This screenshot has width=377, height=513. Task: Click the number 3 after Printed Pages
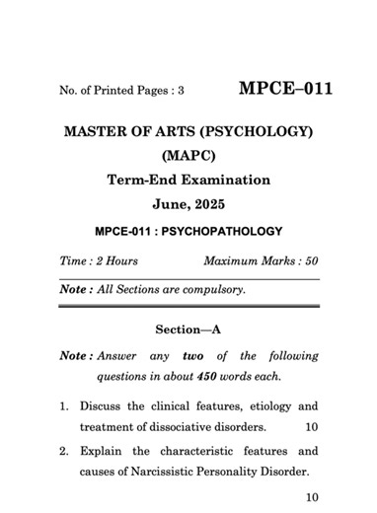point(181,91)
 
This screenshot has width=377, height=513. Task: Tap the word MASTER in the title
point(98,131)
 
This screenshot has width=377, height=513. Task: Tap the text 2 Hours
point(115,261)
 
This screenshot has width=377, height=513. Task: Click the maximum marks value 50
point(311,261)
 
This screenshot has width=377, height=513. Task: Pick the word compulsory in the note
point(211,290)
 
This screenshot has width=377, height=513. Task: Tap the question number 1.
point(62,406)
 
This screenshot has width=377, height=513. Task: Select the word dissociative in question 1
point(184,427)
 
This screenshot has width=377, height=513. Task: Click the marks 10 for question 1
point(312,427)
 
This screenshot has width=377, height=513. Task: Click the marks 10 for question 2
point(312,498)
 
